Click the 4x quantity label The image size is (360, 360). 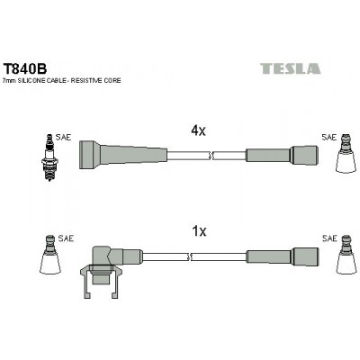click(200, 130)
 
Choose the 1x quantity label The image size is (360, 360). click(200, 231)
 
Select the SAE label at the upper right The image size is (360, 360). click(328, 137)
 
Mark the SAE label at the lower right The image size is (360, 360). click(328, 238)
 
